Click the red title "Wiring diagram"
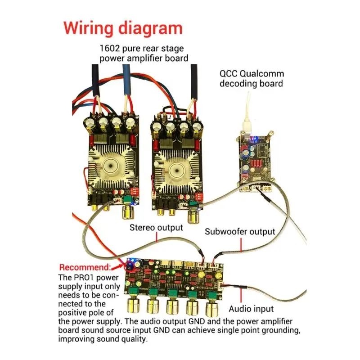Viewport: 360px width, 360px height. [123, 28]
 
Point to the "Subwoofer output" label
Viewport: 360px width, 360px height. [240, 232]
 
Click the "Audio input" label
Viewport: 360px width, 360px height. [251, 309]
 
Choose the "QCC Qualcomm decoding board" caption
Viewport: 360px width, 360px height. [251, 79]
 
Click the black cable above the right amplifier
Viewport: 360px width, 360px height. [194, 83]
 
